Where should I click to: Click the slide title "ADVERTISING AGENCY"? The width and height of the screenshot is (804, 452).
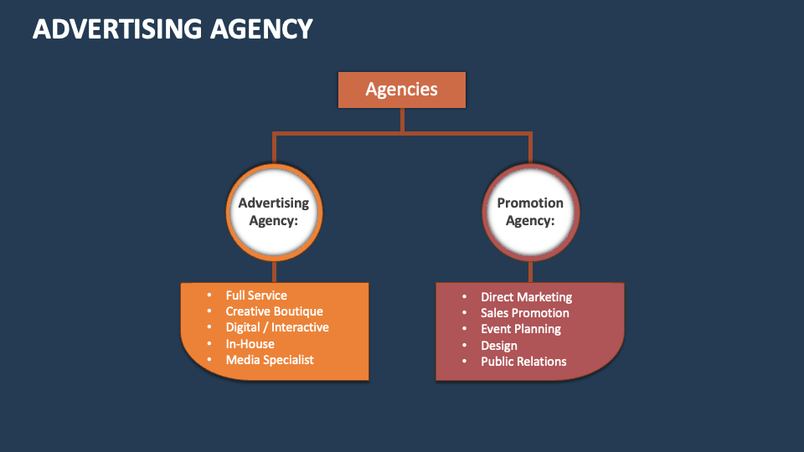click(173, 28)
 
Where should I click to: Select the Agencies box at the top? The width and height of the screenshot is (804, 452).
click(401, 90)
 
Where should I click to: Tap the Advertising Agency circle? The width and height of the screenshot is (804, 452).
click(274, 211)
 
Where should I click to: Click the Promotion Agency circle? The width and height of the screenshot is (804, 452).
click(530, 211)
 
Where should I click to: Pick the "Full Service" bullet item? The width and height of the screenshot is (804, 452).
click(256, 295)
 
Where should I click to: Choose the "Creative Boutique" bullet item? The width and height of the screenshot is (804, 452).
click(274, 311)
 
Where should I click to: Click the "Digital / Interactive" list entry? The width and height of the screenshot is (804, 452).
click(277, 327)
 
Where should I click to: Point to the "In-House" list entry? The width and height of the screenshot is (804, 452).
click(250, 344)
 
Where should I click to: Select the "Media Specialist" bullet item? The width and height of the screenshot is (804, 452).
click(270, 360)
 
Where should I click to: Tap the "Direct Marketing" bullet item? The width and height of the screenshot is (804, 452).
click(526, 297)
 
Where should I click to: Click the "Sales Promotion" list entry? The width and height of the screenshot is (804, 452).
click(524, 313)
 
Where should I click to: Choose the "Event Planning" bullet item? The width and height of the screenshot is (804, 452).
click(520, 329)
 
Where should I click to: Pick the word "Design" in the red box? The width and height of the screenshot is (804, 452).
click(498, 346)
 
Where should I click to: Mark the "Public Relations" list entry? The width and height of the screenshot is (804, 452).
click(523, 362)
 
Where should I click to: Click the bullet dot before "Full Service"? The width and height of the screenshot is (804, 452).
click(209, 295)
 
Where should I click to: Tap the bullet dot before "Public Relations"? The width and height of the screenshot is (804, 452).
click(463, 362)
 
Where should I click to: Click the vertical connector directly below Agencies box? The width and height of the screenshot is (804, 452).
click(402, 120)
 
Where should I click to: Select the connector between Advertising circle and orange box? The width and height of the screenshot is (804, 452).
click(274, 271)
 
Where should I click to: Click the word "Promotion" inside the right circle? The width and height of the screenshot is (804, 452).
click(530, 203)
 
